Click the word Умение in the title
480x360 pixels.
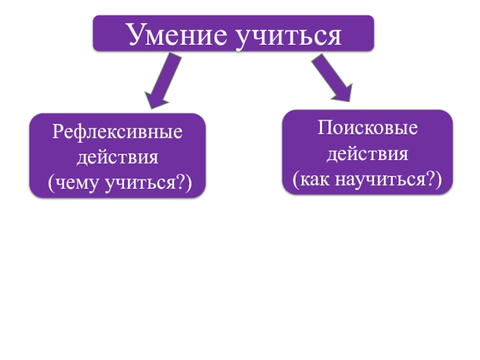point(174,35)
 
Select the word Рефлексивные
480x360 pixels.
point(117,132)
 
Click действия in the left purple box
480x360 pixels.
point(117,157)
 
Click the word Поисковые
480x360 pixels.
point(368,128)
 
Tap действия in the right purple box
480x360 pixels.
point(367,154)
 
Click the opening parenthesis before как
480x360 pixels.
point(296,179)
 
